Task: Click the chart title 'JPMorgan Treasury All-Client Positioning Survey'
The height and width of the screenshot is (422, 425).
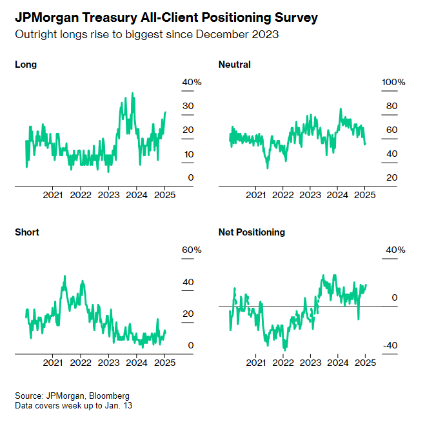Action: click(166, 18)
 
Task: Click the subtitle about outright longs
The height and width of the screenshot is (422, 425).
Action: click(147, 34)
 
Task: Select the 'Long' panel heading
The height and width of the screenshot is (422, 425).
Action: click(26, 65)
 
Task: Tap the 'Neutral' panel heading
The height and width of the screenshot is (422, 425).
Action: click(235, 65)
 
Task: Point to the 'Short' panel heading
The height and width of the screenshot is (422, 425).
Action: click(27, 232)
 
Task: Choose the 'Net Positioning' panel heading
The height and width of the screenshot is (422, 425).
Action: click(252, 232)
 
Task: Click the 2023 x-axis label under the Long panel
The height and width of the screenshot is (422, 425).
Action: click(108, 194)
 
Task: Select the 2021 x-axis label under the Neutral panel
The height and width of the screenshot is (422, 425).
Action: click(257, 194)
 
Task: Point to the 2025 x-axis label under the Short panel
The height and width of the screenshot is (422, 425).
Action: click(164, 362)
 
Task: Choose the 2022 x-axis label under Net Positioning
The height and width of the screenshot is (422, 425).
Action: click(284, 362)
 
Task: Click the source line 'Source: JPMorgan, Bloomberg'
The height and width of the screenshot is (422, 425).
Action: click(72, 396)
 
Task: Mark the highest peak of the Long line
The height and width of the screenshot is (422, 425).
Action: click(133, 94)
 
